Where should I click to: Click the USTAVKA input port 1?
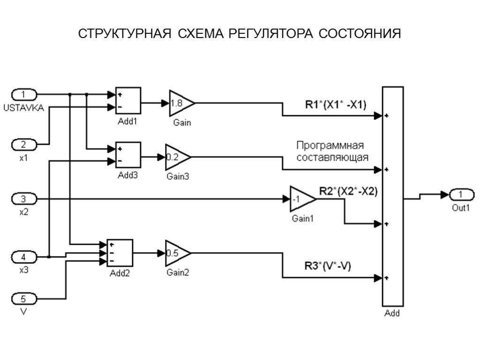coord(23,94)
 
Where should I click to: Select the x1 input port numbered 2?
coord(23,144)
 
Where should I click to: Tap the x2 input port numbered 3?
coord(23,199)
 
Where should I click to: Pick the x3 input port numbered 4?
coord(23,257)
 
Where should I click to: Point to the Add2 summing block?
coord(120,254)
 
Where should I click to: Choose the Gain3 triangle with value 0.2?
coord(176,157)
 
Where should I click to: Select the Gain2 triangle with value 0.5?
coord(176,254)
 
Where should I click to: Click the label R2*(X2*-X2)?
coord(348,191)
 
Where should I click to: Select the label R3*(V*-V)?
coord(328,266)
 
